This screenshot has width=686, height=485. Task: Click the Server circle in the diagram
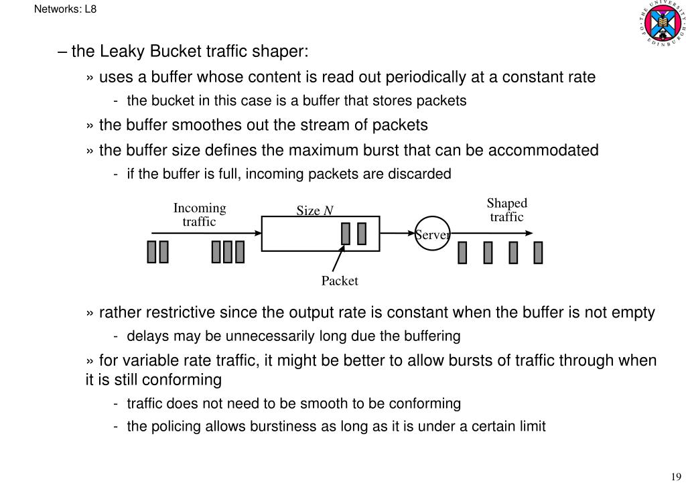click(x=432, y=234)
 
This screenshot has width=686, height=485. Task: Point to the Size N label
click(x=315, y=211)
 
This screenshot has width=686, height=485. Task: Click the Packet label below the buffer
click(x=340, y=281)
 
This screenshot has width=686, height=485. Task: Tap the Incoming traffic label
click(x=200, y=214)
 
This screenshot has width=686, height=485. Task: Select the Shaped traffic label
click(x=507, y=210)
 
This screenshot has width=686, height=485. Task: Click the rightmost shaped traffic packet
click(x=538, y=252)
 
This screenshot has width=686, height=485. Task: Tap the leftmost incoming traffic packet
click(x=152, y=252)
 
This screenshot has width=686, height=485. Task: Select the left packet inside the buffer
click(x=346, y=234)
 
